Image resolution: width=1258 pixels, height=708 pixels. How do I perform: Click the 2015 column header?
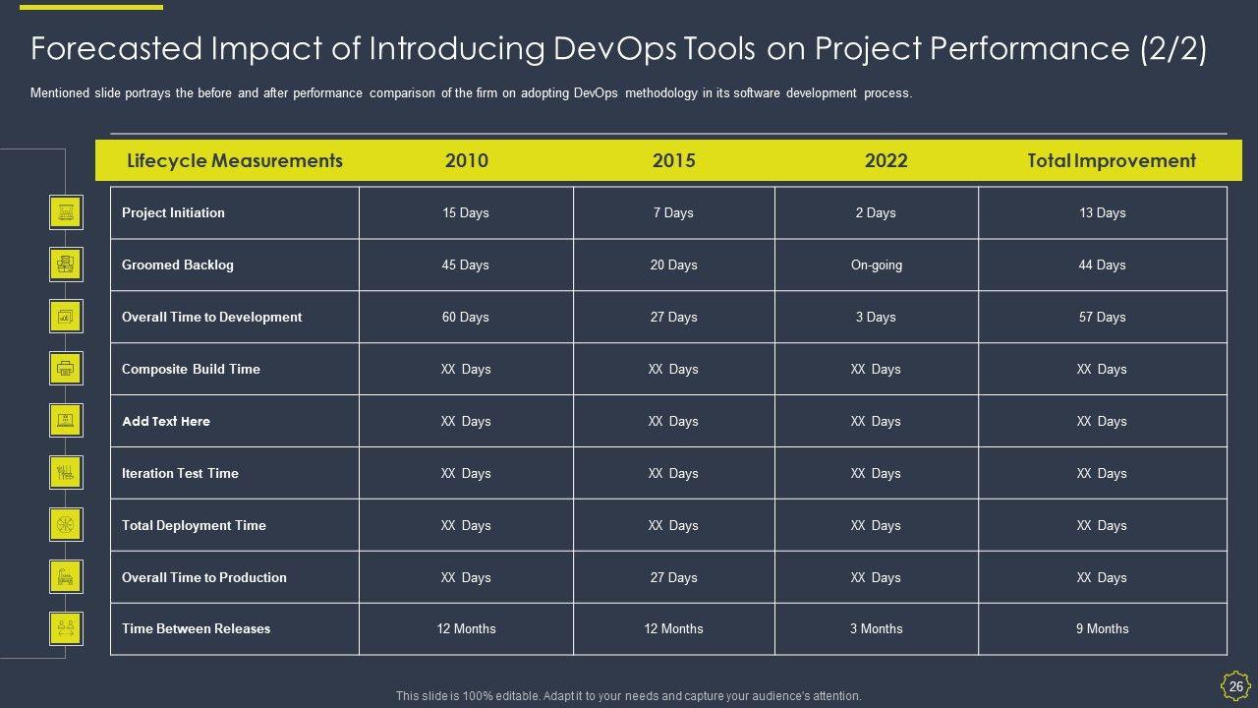coord(673,160)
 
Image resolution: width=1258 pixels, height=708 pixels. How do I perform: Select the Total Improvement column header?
coord(1112,160)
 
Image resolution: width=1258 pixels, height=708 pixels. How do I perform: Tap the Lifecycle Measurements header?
coord(235,160)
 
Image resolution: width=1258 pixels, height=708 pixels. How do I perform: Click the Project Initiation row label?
coord(173,212)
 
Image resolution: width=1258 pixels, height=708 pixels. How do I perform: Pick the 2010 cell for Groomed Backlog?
coord(466,265)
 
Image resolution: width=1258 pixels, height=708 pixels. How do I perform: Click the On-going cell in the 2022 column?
coord(877,265)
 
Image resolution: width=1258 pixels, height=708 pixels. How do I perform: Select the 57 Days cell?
coord(1103,317)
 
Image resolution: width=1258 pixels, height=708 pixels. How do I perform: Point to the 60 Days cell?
coord(466,317)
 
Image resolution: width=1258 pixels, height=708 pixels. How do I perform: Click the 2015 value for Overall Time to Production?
coord(673,577)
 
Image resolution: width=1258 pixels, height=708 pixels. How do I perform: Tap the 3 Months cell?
coord(877,628)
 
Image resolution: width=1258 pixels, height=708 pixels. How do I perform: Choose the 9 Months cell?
coord(1103,628)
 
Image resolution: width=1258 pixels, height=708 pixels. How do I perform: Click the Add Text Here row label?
coord(166,421)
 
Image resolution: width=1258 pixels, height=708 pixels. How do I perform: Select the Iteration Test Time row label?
coord(180,473)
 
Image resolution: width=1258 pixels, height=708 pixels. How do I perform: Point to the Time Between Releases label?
coord(196,628)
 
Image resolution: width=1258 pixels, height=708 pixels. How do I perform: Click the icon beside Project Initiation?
coord(66,211)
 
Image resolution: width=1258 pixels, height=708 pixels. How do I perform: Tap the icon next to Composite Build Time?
coord(66,369)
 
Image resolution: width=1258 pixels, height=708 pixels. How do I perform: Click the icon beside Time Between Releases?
coord(66,627)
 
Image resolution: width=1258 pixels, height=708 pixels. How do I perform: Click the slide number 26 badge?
coord(1235,685)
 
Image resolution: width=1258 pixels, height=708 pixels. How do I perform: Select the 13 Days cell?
coord(1103,212)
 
